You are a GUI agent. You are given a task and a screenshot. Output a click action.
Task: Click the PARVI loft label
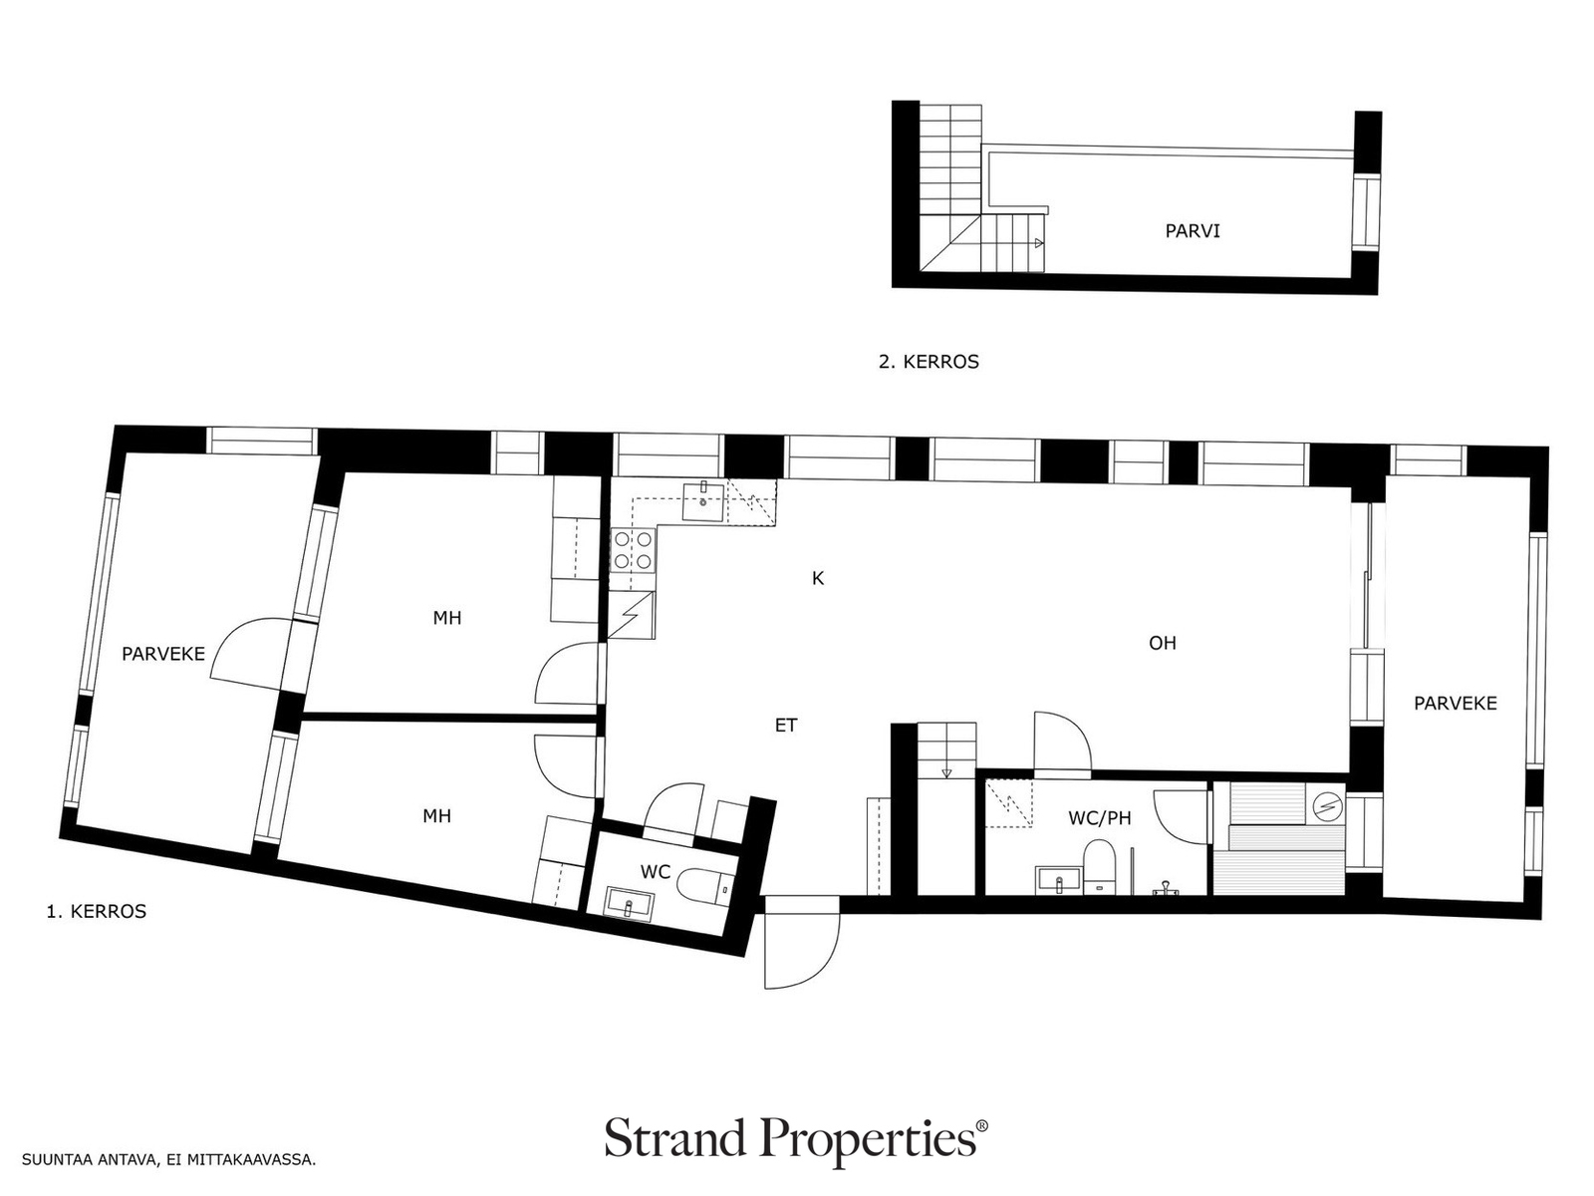[x=1192, y=231]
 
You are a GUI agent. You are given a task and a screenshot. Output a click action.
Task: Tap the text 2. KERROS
[x=929, y=362]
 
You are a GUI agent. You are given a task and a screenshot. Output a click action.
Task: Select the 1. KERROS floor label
[x=97, y=911]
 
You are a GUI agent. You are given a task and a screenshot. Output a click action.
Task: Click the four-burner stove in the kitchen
[x=634, y=550]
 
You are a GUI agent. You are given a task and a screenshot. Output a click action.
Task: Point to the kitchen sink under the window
[x=703, y=501]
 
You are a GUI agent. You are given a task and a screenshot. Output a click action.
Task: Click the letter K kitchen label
[x=818, y=578]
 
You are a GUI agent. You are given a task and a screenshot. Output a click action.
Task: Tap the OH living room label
[x=1162, y=643]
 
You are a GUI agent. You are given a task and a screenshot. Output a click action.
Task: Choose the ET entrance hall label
[x=786, y=725]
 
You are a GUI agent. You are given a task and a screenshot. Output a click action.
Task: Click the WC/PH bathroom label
[x=1100, y=818]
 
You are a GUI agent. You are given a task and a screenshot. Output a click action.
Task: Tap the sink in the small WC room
[x=629, y=903]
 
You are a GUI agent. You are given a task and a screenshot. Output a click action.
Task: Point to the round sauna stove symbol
[x=1327, y=805]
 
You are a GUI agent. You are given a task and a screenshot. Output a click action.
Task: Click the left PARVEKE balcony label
[x=163, y=654]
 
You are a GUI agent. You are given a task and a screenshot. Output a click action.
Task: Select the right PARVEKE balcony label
[x=1456, y=703]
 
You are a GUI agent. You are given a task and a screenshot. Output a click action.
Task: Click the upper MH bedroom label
[x=446, y=618]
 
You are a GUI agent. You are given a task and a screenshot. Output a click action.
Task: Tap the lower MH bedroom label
[x=436, y=816]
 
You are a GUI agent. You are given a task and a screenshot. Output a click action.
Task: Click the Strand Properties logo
[x=796, y=1137]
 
